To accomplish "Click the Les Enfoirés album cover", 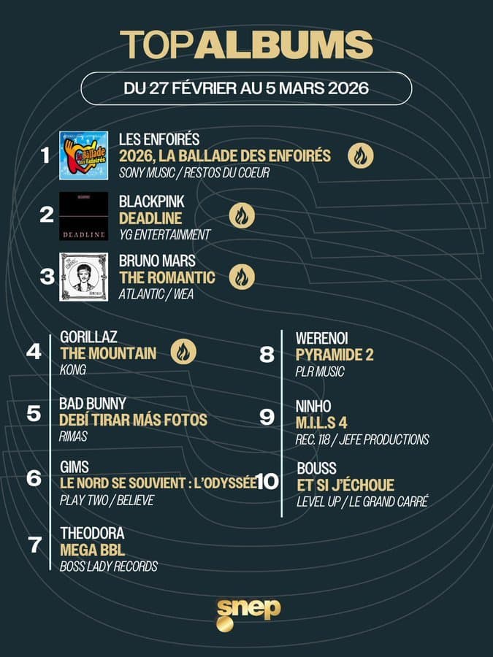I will click(x=83, y=155).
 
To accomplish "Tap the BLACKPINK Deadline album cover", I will click(x=83, y=217).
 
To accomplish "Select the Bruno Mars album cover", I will click(x=83, y=277).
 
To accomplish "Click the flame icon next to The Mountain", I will click(x=183, y=353).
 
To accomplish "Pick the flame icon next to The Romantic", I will click(x=241, y=277).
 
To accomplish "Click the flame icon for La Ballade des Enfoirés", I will click(x=360, y=155).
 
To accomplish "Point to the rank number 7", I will click(x=34, y=545).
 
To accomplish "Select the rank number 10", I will click(x=268, y=483).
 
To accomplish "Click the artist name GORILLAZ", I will click(x=89, y=337).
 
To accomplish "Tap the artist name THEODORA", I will click(x=92, y=534).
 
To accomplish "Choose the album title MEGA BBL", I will click(x=93, y=549).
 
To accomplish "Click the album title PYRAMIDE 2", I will click(x=335, y=355).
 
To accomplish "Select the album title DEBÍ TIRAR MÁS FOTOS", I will click(x=134, y=420).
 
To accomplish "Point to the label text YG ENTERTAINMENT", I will click(x=164, y=234).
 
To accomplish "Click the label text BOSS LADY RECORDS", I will click(x=109, y=566).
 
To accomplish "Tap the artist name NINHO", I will click(x=313, y=406).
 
